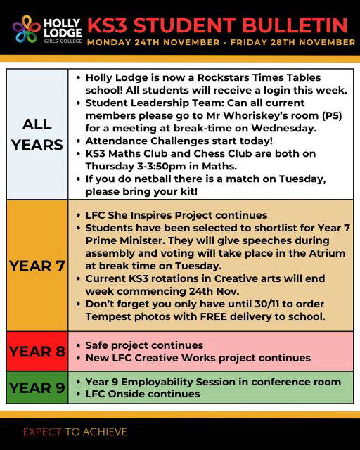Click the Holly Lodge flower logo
pos(26,30)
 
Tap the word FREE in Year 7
pos(214,316)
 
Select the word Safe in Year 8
pos(98,345)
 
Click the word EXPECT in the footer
pos(42,431)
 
